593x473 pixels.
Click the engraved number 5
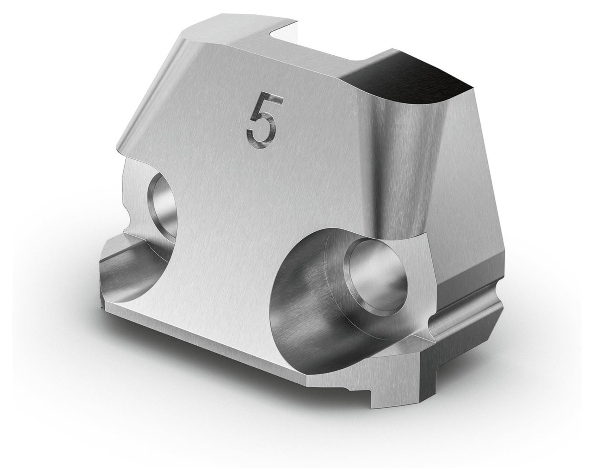[262, 121]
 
